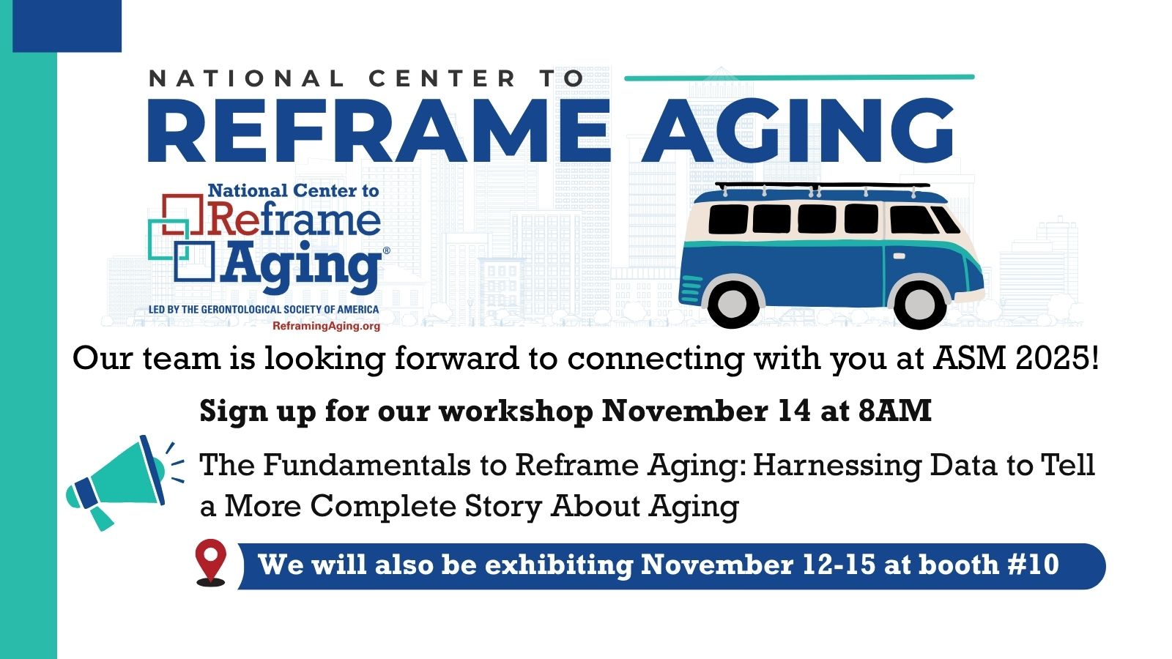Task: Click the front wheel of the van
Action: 919,303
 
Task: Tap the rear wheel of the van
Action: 732,302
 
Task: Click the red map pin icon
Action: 211,562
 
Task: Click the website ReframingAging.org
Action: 326,327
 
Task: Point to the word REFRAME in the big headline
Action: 379,130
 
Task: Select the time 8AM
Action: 894,411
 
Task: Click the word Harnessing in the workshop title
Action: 837,466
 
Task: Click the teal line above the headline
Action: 799,78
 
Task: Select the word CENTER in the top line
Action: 442,78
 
